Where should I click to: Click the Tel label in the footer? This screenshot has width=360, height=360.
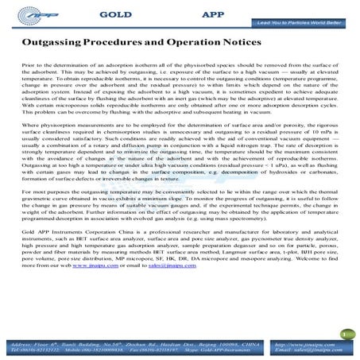pyautogui.click(x=19, y=350)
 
